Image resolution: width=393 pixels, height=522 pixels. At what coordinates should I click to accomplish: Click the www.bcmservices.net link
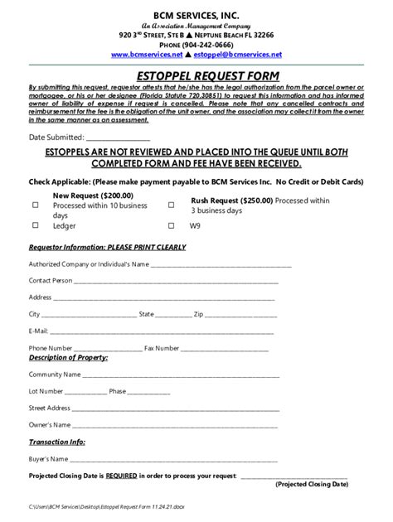click(x=146, y=54)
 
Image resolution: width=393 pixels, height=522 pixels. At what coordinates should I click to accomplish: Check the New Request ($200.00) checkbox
click(x=36, y=204)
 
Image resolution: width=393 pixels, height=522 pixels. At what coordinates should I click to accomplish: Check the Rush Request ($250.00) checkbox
click(x=172, y=204)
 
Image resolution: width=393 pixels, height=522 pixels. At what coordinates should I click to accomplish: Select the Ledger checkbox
click(x=36, y=225)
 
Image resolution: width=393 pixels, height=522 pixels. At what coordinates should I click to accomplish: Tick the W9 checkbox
click(x=172, y=225)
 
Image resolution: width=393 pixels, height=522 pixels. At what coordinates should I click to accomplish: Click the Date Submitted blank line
click(x=118, y=136)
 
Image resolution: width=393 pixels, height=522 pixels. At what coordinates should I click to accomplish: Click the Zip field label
click(x=198, y=314)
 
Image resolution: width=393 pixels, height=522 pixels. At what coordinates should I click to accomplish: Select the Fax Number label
click(x=161, y=347)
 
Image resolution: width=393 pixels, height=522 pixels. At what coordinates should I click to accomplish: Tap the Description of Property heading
click(x=68, y=358)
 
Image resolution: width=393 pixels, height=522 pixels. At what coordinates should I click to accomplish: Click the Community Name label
click(x=55, y=374)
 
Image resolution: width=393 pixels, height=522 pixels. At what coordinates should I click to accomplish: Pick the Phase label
click(x=117, y=390)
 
